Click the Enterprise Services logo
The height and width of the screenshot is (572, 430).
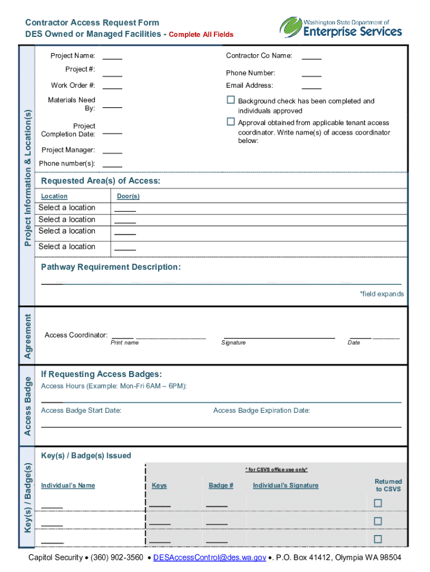point(341,27)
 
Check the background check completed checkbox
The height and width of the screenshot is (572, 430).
point(231,100)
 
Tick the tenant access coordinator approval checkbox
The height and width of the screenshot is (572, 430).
point(231,122)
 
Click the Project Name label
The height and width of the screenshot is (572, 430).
point(73,56)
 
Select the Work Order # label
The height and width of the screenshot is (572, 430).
point(73,85)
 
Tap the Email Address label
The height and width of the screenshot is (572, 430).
point(250,85)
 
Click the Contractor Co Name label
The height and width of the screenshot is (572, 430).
point(259,56)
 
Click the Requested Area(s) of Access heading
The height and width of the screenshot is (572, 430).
point(101,181)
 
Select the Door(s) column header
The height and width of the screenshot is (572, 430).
point(128,197)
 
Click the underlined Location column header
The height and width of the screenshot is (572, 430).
point(54,197)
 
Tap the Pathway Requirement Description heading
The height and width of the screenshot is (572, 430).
point(111,267)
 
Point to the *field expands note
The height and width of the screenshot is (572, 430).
point(381,294)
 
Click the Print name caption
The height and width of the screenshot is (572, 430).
point(125,342)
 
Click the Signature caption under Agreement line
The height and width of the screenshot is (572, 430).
point(233,342)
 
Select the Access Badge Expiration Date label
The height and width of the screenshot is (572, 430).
point(261,411)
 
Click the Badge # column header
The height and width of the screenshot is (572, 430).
point(221,485)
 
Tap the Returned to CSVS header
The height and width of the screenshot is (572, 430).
point(388,485)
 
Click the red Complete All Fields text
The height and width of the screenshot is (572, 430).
point(201,35)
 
